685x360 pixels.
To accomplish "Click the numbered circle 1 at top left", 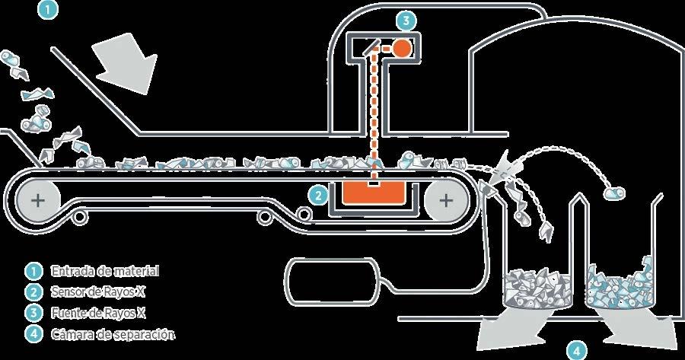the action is click(x=47, y=11).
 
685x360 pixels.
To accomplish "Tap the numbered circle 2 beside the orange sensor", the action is click(x=318, y=194).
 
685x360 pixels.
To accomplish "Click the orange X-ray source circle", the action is click(x=402, y=47).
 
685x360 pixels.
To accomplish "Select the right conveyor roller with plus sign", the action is click(x=446, y=201).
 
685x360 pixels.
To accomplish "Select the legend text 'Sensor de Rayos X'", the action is click(x=98, y=292).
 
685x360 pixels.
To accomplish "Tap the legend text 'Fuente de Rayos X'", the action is click(x=100, y=312).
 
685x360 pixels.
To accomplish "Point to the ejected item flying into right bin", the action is click(x=614, y=194).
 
